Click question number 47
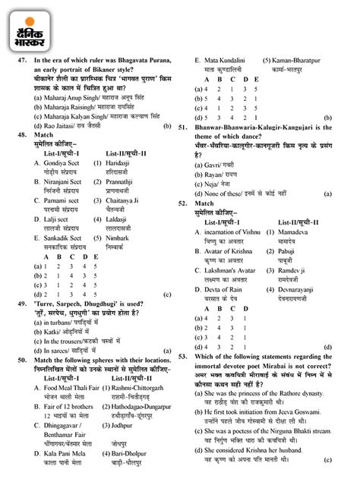click(21, 60)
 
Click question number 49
click(21, 302)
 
